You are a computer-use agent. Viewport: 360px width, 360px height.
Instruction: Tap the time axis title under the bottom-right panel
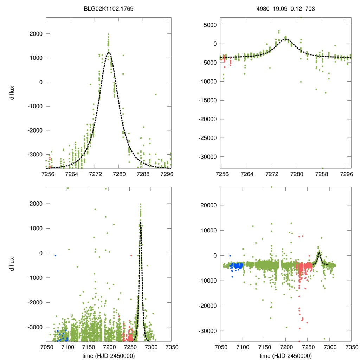[286, 355]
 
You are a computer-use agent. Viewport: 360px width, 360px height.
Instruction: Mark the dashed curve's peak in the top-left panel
[109, 52]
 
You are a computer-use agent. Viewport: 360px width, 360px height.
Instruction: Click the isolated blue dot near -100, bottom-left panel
[56, 255]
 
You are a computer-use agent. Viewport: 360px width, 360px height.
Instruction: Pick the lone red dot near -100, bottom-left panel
[131, 255]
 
